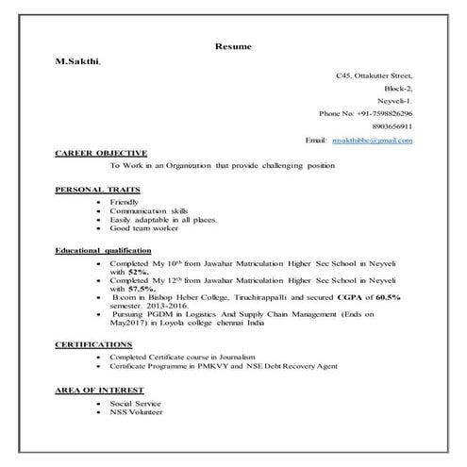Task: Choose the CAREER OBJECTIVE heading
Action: [x=101, y=153]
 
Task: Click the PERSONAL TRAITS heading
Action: [x=97, y=190]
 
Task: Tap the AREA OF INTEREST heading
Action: [x=99, y=390]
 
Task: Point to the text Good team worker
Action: [x=144, y=227]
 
